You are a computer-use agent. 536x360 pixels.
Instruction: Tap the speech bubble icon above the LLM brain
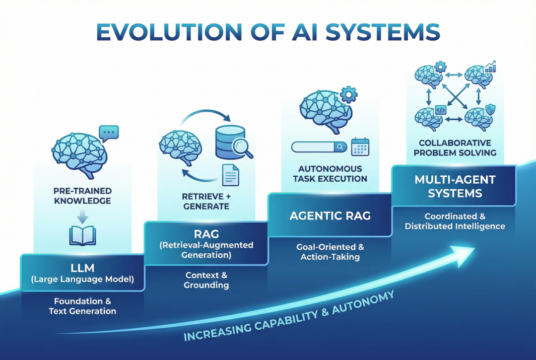point(108,133)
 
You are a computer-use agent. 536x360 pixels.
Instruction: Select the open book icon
point(82,235)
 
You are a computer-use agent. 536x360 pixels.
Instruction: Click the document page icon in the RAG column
point(230,174)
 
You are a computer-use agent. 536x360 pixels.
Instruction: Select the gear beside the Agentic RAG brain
point(349,94)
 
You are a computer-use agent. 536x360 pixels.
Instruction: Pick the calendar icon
point(360,147)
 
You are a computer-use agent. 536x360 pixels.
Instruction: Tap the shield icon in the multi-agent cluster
point(489,109)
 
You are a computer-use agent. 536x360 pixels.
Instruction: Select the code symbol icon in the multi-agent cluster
point(440,109)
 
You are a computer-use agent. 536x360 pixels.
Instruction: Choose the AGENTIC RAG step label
point(330,216)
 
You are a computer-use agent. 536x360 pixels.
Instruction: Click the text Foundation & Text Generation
point(82,306)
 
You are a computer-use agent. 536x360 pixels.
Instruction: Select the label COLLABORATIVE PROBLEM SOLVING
point(455,147)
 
